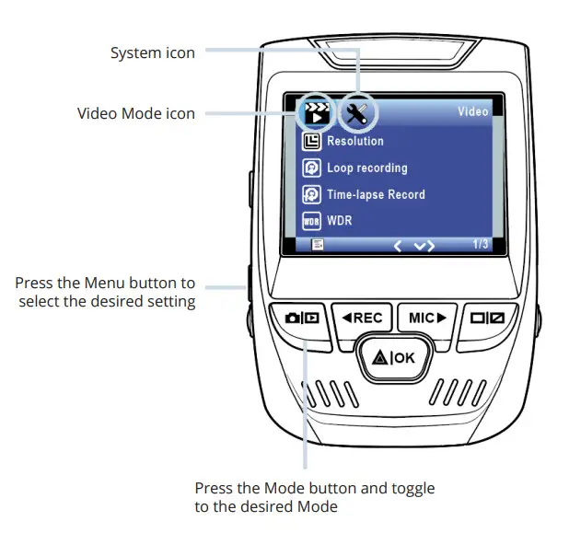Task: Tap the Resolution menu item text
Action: click(x=355, y=142)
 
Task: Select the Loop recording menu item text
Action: click(x=366, y=168)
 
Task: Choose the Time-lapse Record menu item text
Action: click(x=376, y=194)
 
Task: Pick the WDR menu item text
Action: click(x=340, y=221)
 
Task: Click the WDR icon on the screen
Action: click(x=312, y=221)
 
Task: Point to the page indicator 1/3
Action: click(x=481, y=244)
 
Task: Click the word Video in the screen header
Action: click(x=473, y=112)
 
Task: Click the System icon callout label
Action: click(x=153, y=53)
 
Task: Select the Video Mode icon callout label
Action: click(x=136, y=113)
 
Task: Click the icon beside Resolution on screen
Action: click(x=312, y=142)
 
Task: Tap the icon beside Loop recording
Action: click(x=312, y=168)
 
